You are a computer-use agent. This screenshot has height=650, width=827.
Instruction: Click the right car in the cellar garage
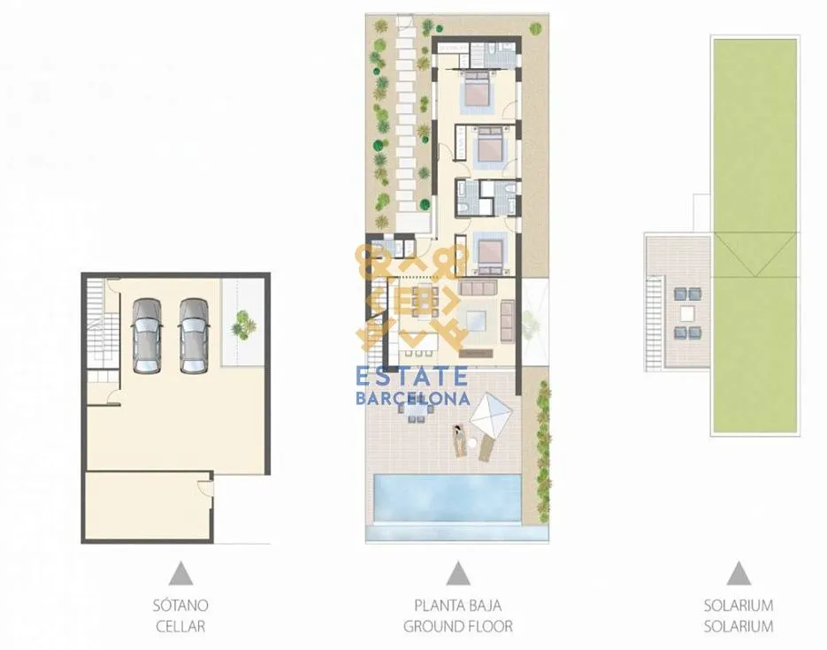[x=193, y=336]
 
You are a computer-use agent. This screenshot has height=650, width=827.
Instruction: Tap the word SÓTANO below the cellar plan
[x=180, y=605]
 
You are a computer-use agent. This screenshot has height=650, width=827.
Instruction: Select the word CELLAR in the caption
[x=180, y=626]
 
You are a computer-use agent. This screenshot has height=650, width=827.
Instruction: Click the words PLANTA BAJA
[x=458, y=605]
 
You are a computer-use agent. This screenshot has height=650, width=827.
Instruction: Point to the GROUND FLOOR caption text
[x=458, y=626]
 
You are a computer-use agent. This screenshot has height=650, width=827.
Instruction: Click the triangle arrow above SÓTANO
[x=181, y=574]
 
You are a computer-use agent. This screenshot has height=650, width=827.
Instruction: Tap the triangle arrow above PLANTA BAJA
[x=458, y=574]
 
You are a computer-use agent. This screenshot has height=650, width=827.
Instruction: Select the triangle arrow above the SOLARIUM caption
[x=739, y=574]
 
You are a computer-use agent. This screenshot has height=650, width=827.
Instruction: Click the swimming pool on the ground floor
[x=446, y=498]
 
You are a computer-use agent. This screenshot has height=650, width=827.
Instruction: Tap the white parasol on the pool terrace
[x=491, y=412]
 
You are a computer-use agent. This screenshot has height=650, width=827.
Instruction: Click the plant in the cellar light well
[x=241, y=324]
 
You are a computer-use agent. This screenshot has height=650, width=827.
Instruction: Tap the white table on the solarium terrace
[x=687, y=314]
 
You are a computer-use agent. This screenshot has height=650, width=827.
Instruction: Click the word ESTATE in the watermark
[x=412, y=377]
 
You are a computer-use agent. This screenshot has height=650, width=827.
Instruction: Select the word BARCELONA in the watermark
[x=413, y=398]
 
